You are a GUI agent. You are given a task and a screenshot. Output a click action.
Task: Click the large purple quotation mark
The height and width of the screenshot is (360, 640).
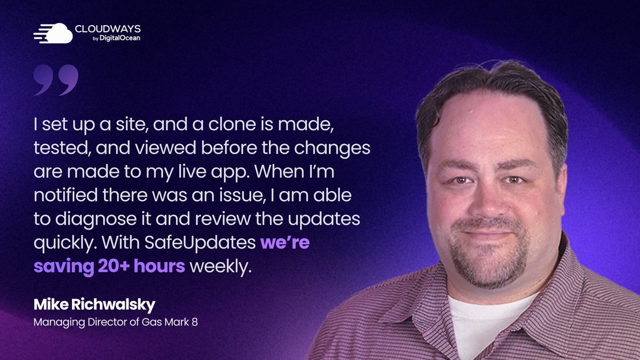click(x=55, y=80)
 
